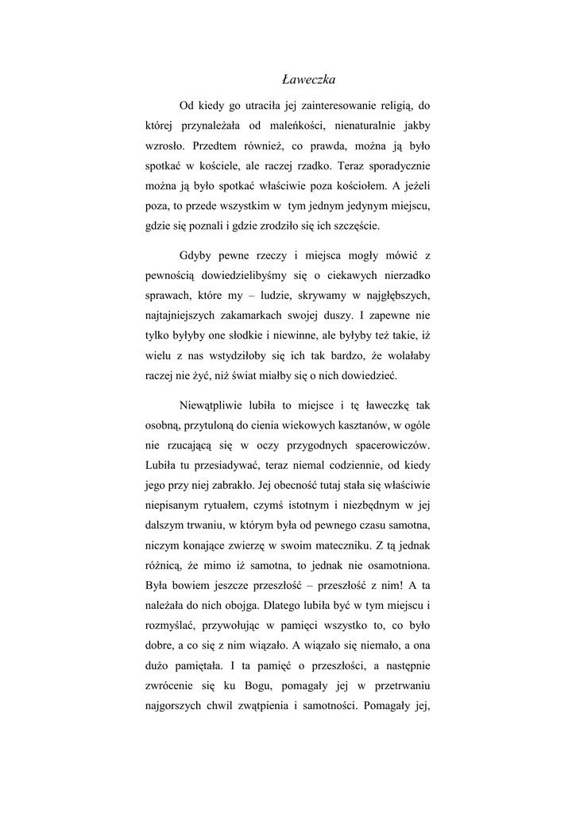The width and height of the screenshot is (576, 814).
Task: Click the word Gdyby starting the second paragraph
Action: point(198,256)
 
